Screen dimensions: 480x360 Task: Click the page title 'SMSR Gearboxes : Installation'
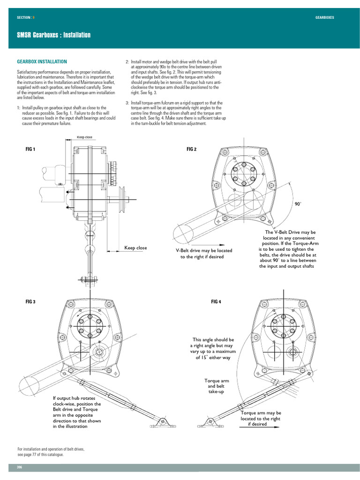[x=54, y=35]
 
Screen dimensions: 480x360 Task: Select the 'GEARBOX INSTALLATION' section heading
[x=42, y=61]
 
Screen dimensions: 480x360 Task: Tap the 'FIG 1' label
[x=30, y=149]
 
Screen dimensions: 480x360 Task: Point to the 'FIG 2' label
[x=191, y=149]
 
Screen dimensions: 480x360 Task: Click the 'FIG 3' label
[x=30, y=302]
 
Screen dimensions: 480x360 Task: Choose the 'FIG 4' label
[x=216, y=302]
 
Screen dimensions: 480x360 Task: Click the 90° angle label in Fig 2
[x=298, y=204]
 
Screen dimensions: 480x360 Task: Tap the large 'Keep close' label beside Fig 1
[x=135, y=248]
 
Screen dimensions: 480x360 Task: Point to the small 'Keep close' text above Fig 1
[x=85, y=137]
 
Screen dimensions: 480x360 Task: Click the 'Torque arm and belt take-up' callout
[x=216, y=386]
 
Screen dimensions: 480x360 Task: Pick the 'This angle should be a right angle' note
[x=213, y=348]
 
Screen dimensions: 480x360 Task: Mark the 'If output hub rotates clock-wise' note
[x=76, y=412]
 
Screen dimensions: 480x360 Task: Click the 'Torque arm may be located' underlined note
[x=261, y=419]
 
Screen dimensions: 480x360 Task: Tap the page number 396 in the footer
[x=20, y=467]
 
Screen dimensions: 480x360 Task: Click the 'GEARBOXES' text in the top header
[x=324, y=17]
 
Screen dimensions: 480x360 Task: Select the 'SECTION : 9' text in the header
[x=25, y=17]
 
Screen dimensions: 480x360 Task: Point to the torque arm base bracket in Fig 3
[x=162, y=423]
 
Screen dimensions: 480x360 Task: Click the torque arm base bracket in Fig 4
[x=209, y=423]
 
